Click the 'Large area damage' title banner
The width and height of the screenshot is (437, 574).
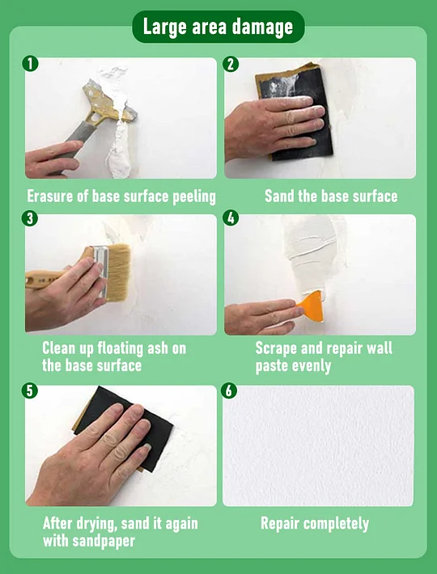[x=218, y=27]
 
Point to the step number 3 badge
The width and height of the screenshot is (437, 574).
[x=31, y=219]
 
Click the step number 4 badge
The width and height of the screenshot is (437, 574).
[x=231, y=219]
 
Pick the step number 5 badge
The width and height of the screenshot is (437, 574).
[x=31, y=391]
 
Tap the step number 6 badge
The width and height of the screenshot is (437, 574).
[x=231, y=391]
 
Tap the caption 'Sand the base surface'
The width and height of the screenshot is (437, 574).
[x=331, y=196]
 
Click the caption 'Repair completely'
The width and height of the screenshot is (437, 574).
[x=315, y=524]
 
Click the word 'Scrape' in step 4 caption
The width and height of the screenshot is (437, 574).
[x=278, y=348]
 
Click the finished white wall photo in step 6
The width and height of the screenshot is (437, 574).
[x=318, y=445]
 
